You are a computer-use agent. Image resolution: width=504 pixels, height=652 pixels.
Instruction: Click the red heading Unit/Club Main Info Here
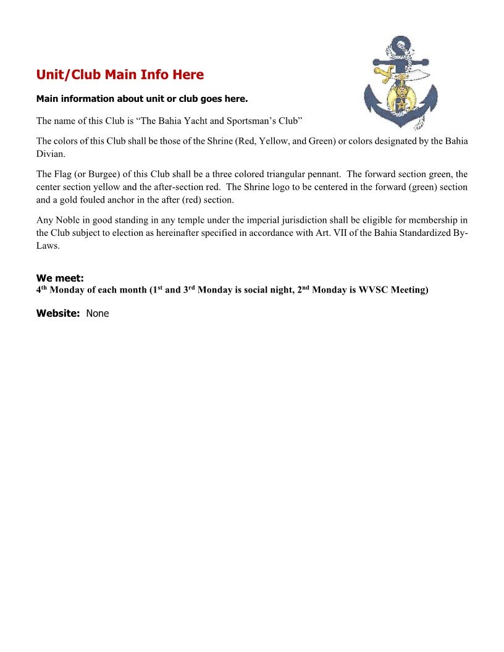pyautogui.click(x=120, y=75)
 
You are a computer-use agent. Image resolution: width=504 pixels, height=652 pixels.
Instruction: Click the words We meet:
pyautogui.click(x=60, y=278)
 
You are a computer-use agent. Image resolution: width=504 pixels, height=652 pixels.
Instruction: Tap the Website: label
pyautogui.click(x=58, y=313)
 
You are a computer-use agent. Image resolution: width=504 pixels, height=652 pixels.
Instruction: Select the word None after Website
pyautogui.click(x=98, y=313)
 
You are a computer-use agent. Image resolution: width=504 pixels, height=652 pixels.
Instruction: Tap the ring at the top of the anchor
pyautogui.click(x=403, y=44)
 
